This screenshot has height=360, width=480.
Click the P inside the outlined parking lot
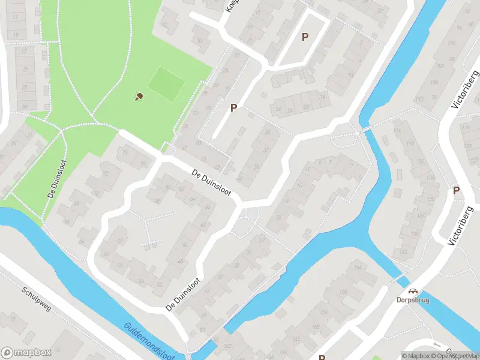pos(305,37)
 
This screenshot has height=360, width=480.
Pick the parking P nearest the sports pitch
pos(234,107)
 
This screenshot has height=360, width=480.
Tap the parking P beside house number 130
pos(456,190)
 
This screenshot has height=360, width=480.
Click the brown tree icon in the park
pos(139,96)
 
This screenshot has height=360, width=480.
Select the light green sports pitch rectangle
pos(166,83)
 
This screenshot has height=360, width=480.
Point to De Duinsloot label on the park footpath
pos(55,179)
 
